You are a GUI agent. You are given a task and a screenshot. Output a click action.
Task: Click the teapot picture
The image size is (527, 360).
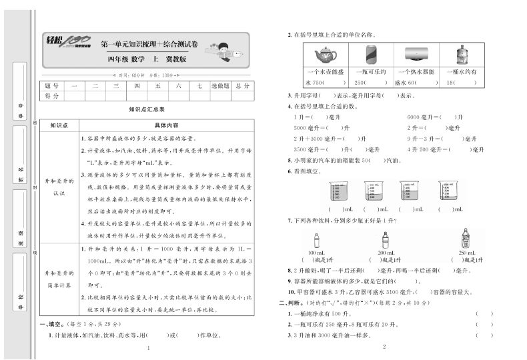pos(325,55)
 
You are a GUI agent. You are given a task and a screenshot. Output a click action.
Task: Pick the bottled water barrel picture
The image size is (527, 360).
pos(460,55)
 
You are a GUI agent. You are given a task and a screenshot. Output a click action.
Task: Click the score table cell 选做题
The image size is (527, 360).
pos(220,86)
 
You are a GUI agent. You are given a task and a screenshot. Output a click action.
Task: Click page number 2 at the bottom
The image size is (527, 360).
pos(385,347)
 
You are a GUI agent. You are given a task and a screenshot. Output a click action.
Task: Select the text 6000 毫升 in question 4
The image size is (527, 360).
pos(418,117)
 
